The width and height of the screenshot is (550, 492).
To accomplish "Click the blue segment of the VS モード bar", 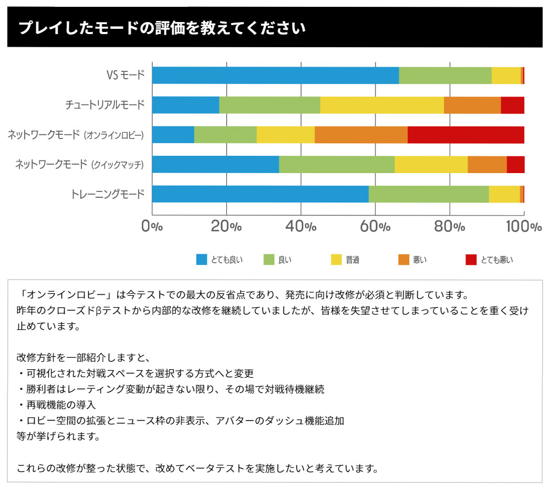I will click(x=276, y=76).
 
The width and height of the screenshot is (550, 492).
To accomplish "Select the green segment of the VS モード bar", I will click(x=445, y=76).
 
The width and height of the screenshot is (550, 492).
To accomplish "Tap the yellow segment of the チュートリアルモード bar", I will click(x=382, y=105).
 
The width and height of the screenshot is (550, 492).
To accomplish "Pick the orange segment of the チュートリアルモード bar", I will click(x=472, y=105).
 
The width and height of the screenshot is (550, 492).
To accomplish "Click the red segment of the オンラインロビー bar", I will click(x=466, y=135).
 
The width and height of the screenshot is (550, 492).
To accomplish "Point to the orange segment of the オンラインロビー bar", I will click(x=361, y=135).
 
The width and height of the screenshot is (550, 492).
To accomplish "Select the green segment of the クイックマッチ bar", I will click(x=337, y=165).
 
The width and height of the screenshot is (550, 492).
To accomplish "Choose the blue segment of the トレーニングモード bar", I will click(x=260, y=194).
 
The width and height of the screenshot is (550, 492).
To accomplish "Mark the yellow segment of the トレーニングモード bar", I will click(x=504, y=194).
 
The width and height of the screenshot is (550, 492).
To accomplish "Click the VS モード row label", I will click(x=125, y=76).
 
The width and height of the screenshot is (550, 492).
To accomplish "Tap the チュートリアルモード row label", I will click(x=105, y=105).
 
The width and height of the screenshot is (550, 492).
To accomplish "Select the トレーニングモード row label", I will click(x=108, y=195).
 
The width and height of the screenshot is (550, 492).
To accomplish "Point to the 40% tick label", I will click(x=301, y=227).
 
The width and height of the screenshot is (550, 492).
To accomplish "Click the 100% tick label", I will click(x=524, y=227).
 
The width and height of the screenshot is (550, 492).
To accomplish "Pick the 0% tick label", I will click(x=152, y=227).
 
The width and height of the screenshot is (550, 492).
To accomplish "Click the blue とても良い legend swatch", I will click(x=202, y=259).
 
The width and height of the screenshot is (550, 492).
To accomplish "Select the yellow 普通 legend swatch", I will click(x=336, y=259).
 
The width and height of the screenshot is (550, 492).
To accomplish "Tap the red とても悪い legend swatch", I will click(x=471, y=259).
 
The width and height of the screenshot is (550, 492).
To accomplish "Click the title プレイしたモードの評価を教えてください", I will click(x=162, y=28).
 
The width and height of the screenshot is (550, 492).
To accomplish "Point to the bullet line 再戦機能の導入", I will click(x=56, y=405).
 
